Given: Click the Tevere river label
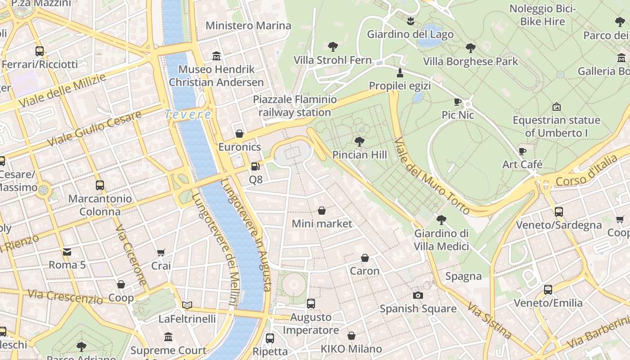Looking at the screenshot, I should pos(188,114).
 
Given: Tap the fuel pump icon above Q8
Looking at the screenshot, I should pos(255,166).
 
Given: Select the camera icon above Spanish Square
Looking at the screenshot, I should pos(418,295).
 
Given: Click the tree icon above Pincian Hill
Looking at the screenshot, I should pos(359,142).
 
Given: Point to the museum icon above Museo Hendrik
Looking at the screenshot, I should pos(216,56).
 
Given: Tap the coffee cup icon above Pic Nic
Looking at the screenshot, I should pos(458,102).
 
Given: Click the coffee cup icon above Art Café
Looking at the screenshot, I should pos(522,151).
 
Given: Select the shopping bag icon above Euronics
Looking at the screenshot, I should pos(239,134).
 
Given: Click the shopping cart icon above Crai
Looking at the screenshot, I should pos(161,252).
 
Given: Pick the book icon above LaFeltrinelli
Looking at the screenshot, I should pos(187,305).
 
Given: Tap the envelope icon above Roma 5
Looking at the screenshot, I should pos(67,252).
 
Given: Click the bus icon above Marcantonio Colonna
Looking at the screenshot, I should pos(100,185).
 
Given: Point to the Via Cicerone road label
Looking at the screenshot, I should pos(131,255).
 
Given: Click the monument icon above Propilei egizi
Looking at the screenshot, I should pos(400,72).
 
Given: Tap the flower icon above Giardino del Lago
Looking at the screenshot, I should pos(410,21).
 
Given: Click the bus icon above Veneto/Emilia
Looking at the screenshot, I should pos(548,289).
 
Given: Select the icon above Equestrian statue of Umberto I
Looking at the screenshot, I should pos(556,107).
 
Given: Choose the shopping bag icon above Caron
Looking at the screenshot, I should pos(365,258).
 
